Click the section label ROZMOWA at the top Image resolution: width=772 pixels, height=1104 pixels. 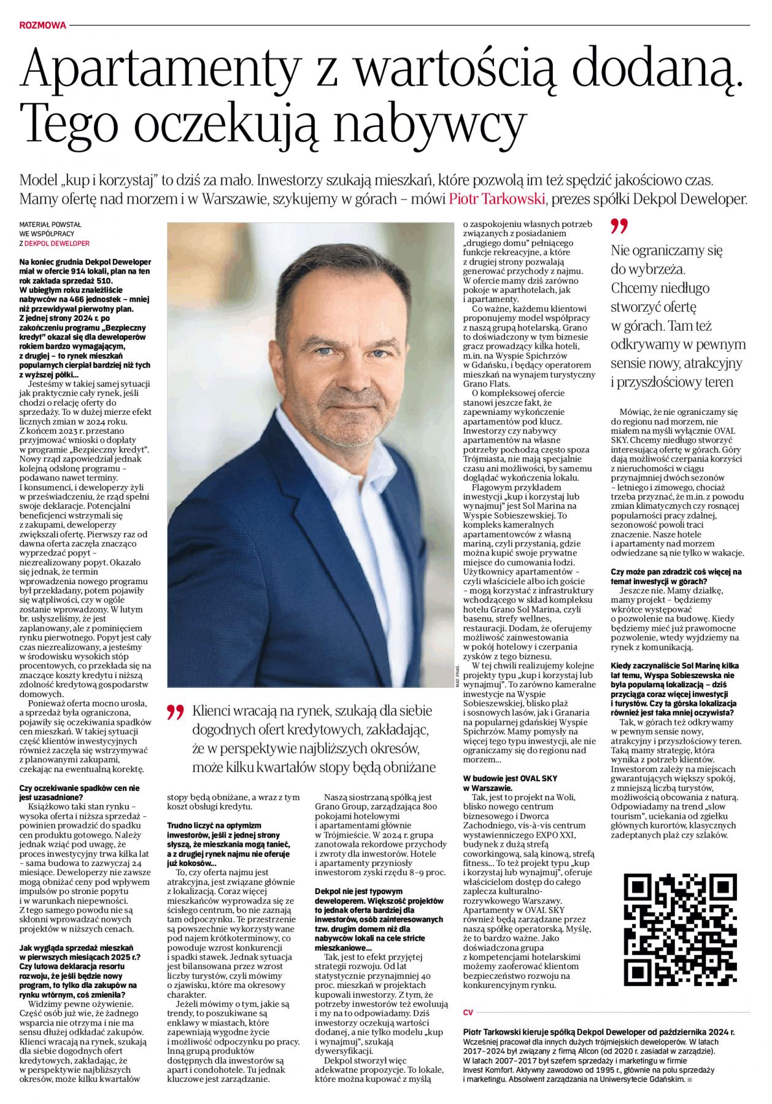pyautogui.click(x=42, y=25)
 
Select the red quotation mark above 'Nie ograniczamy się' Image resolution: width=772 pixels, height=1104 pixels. pyautogui.click(x=620, y=226)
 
